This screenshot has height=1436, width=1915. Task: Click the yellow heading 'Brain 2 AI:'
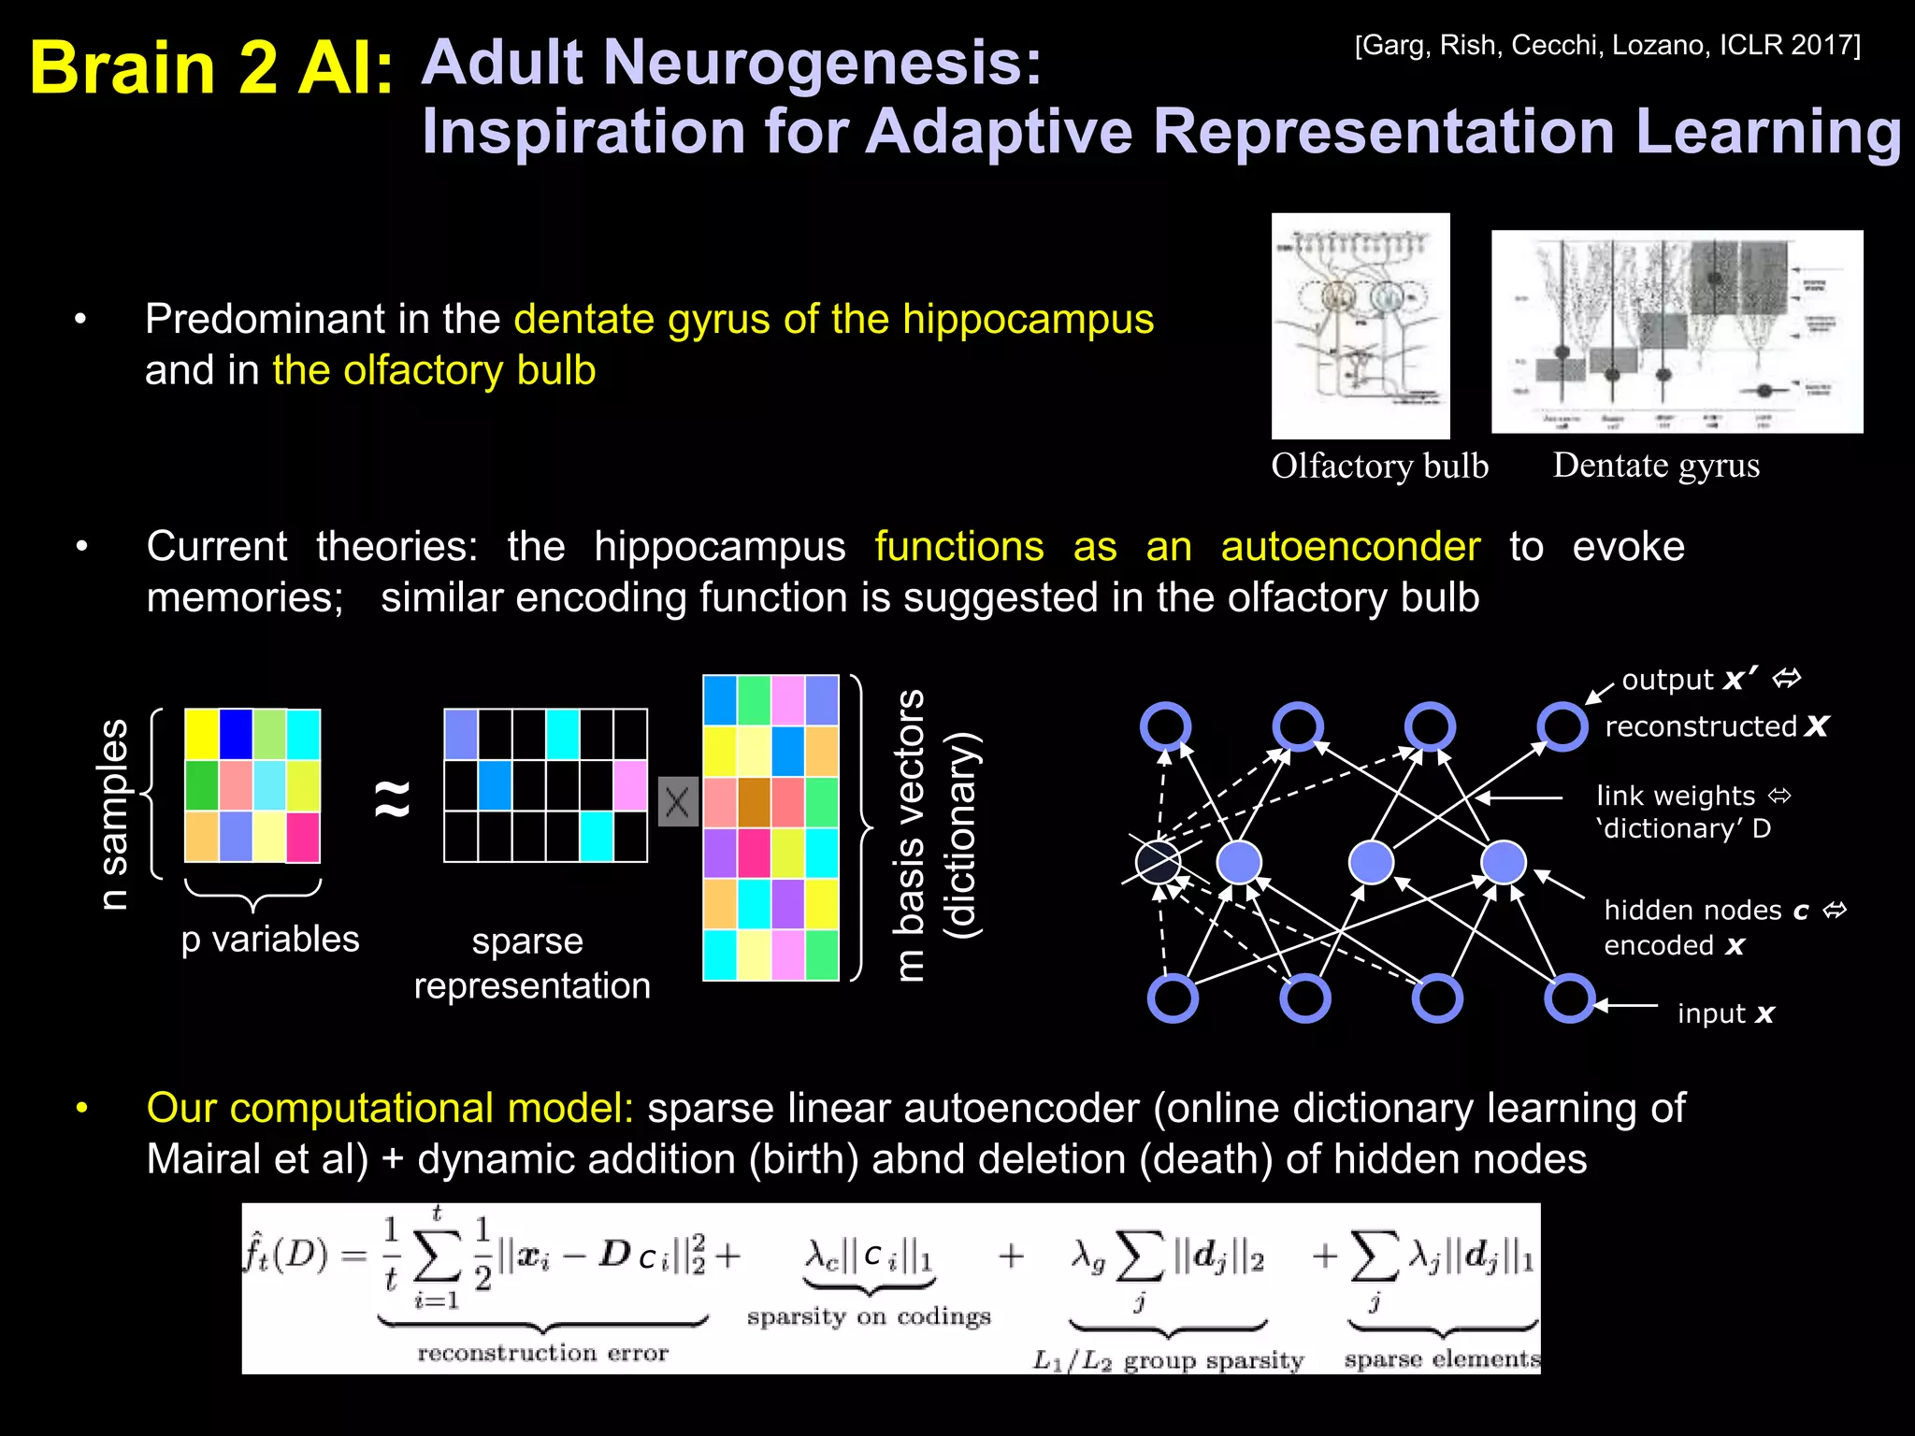pyautogui.click(x=211, y=67)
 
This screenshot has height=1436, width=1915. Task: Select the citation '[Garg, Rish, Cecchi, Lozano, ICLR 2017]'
pyautogui.click(x=1607, y=45)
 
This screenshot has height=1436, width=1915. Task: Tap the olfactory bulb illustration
pyautogui.click(x=1361, y=325)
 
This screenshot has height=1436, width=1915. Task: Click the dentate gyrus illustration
pyautogui.click(x=1677, y=331)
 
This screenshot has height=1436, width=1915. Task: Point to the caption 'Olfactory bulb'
pyautogui.click(x=1379, y=466)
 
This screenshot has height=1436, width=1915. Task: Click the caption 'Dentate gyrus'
pyautogui.click(x=1656, y=465)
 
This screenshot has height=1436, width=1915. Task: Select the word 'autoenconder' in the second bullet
pyautogui.click(x=1350, y=546)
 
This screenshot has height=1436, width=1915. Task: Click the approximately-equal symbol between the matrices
pyautogui.click(x=393, y=797)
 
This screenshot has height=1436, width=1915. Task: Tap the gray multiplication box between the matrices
pyautogui.click(x=678, y=801)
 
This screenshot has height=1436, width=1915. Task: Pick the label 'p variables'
pyautogui.click(x=270, y=939)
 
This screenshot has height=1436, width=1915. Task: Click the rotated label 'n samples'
pyautogui.click(x=113, y=813)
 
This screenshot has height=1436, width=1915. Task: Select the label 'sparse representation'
pyautogui.click(x=531, y=963)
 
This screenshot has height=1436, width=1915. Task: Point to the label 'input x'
pyautogui.click(x=1725, y=1013)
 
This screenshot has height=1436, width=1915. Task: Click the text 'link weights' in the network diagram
pyautogui.click(x=1676, y=796)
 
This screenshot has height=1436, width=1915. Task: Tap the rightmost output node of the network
pyautogui.click(x=1562, y=726)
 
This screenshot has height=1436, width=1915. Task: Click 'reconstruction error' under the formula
pyautogui.click(x=542, y=1353)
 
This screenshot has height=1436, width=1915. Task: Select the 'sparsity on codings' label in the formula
pyautogui.click(x=868, y=1316)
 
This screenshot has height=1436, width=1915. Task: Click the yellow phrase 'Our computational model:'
pyautogui.click(x=390, y=1108)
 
